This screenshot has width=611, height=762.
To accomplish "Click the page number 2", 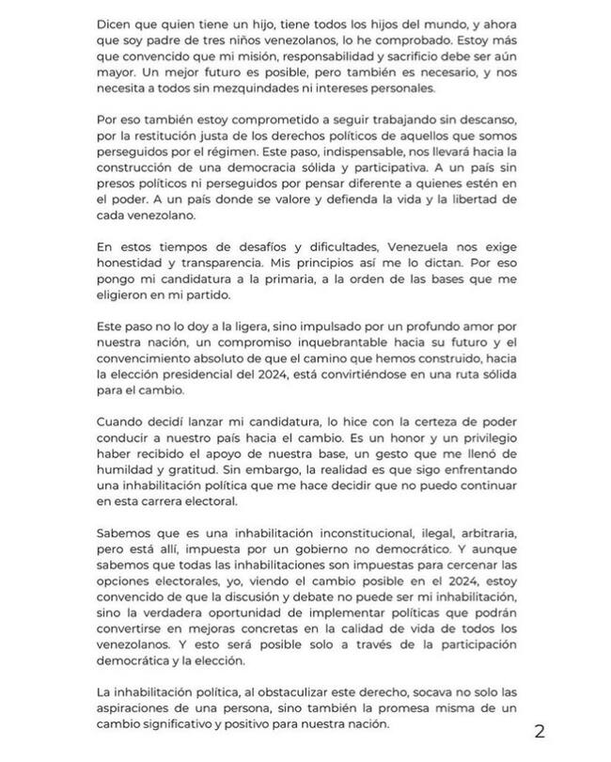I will [540, 731].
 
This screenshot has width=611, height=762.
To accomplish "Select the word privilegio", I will [471, 450].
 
